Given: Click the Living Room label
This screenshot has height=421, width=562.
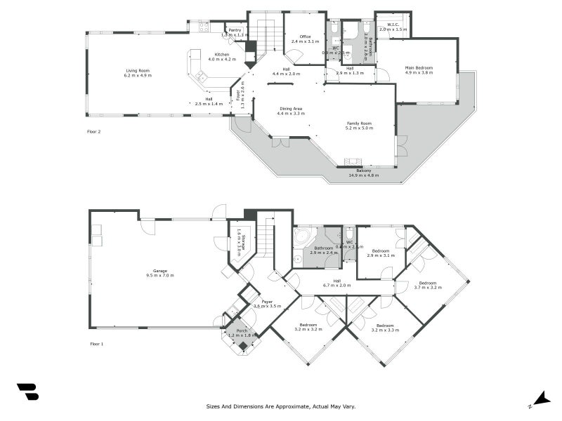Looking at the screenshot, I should pos(138,71).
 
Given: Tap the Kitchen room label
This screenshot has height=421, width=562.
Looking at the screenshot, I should pos(222,54).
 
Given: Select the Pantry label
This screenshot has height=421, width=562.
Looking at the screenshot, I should pos(235,30).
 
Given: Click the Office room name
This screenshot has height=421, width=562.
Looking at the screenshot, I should pos(305,36).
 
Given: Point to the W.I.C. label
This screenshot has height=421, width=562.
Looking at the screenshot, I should pos(393,25).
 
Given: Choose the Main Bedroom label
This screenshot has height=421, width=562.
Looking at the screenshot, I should pos(419,67).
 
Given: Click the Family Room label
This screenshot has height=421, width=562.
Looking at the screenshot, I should pos(358,123).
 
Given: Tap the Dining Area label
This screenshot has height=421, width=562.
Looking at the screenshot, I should pos(291,108).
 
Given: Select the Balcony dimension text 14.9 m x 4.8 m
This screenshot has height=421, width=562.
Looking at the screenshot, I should pos(363,175).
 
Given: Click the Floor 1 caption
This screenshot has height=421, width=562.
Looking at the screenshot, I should pos(96,344).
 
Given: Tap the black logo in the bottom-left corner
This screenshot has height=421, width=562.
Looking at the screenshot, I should pos(27,392).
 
